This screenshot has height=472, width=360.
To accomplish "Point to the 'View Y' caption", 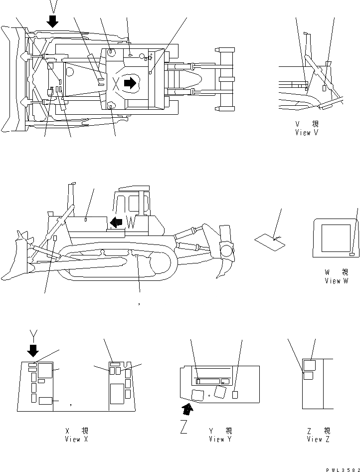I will [x=220, y=439].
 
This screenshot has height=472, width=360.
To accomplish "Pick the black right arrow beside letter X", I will [x=130, y=83].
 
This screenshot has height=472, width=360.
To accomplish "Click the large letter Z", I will [x=183, y=427].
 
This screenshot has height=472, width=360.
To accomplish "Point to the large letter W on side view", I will [x=131, y=223].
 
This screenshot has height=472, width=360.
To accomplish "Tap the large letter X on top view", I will [x=117, y=83].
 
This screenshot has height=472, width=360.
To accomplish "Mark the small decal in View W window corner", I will [x=352, y=254].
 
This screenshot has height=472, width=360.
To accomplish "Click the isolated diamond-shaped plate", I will [x=270, y=242].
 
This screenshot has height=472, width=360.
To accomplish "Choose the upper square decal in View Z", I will [x=309, y=365].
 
